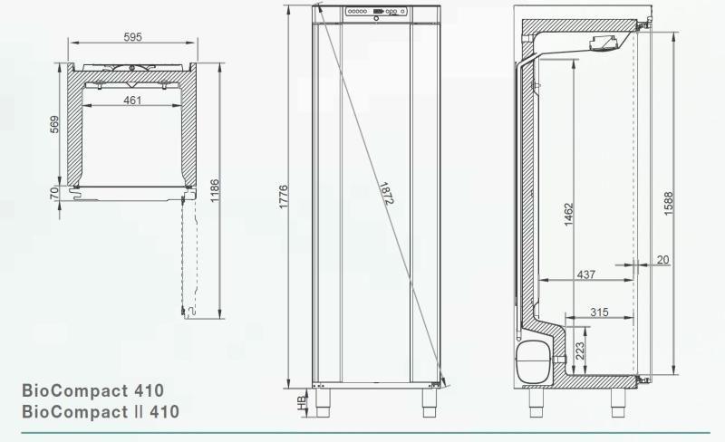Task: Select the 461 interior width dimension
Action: tap(132, 100)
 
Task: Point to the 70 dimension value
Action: tap(55, 193)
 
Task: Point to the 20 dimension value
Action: tap(662, 260)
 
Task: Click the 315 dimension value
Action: tap(598, 312)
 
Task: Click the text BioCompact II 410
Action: tap(100, 412)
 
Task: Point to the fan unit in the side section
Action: tap(605, 44)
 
